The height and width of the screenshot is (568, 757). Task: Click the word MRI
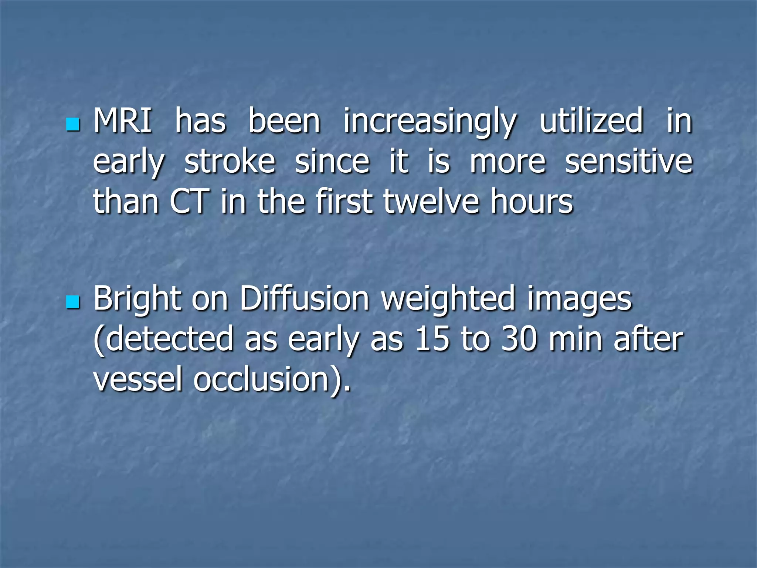[x=122, y=121]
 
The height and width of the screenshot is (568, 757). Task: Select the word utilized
[x=591, y=121]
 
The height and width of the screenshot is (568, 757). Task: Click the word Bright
[x=137, y=300]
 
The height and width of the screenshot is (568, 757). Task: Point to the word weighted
[x=448, y=300]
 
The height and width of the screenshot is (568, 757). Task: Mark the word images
[x=579, y=300]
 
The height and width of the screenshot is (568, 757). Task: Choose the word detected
[x=167, y=339]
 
